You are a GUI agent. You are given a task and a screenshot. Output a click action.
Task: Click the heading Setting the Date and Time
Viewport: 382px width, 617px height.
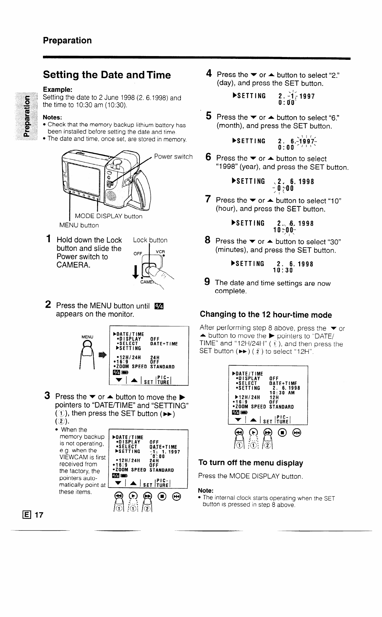107,75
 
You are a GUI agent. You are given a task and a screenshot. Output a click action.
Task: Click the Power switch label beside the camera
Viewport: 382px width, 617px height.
173,156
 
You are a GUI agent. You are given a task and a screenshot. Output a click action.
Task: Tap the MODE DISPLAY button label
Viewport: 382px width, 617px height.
109,216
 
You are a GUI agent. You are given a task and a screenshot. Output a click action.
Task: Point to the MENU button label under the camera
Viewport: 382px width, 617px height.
79,225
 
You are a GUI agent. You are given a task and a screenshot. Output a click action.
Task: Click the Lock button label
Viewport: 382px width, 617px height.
150,240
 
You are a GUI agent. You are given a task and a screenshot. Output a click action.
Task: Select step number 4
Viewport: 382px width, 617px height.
209,74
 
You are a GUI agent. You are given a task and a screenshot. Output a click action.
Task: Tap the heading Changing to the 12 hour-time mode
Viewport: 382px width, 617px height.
266,315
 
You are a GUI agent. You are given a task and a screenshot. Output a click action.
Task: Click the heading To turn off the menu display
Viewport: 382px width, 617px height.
250,463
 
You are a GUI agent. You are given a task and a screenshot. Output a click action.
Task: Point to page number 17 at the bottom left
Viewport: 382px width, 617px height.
39,515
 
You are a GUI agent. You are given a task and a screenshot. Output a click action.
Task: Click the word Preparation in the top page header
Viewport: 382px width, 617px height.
67,40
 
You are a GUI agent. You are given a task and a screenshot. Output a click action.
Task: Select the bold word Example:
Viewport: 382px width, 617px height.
58,90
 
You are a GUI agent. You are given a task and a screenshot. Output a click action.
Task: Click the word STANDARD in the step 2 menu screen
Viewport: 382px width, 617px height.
162,367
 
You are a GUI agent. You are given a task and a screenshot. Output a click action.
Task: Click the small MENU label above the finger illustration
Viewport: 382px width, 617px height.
87,337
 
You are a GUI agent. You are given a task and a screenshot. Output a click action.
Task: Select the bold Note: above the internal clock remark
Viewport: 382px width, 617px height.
205,490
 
